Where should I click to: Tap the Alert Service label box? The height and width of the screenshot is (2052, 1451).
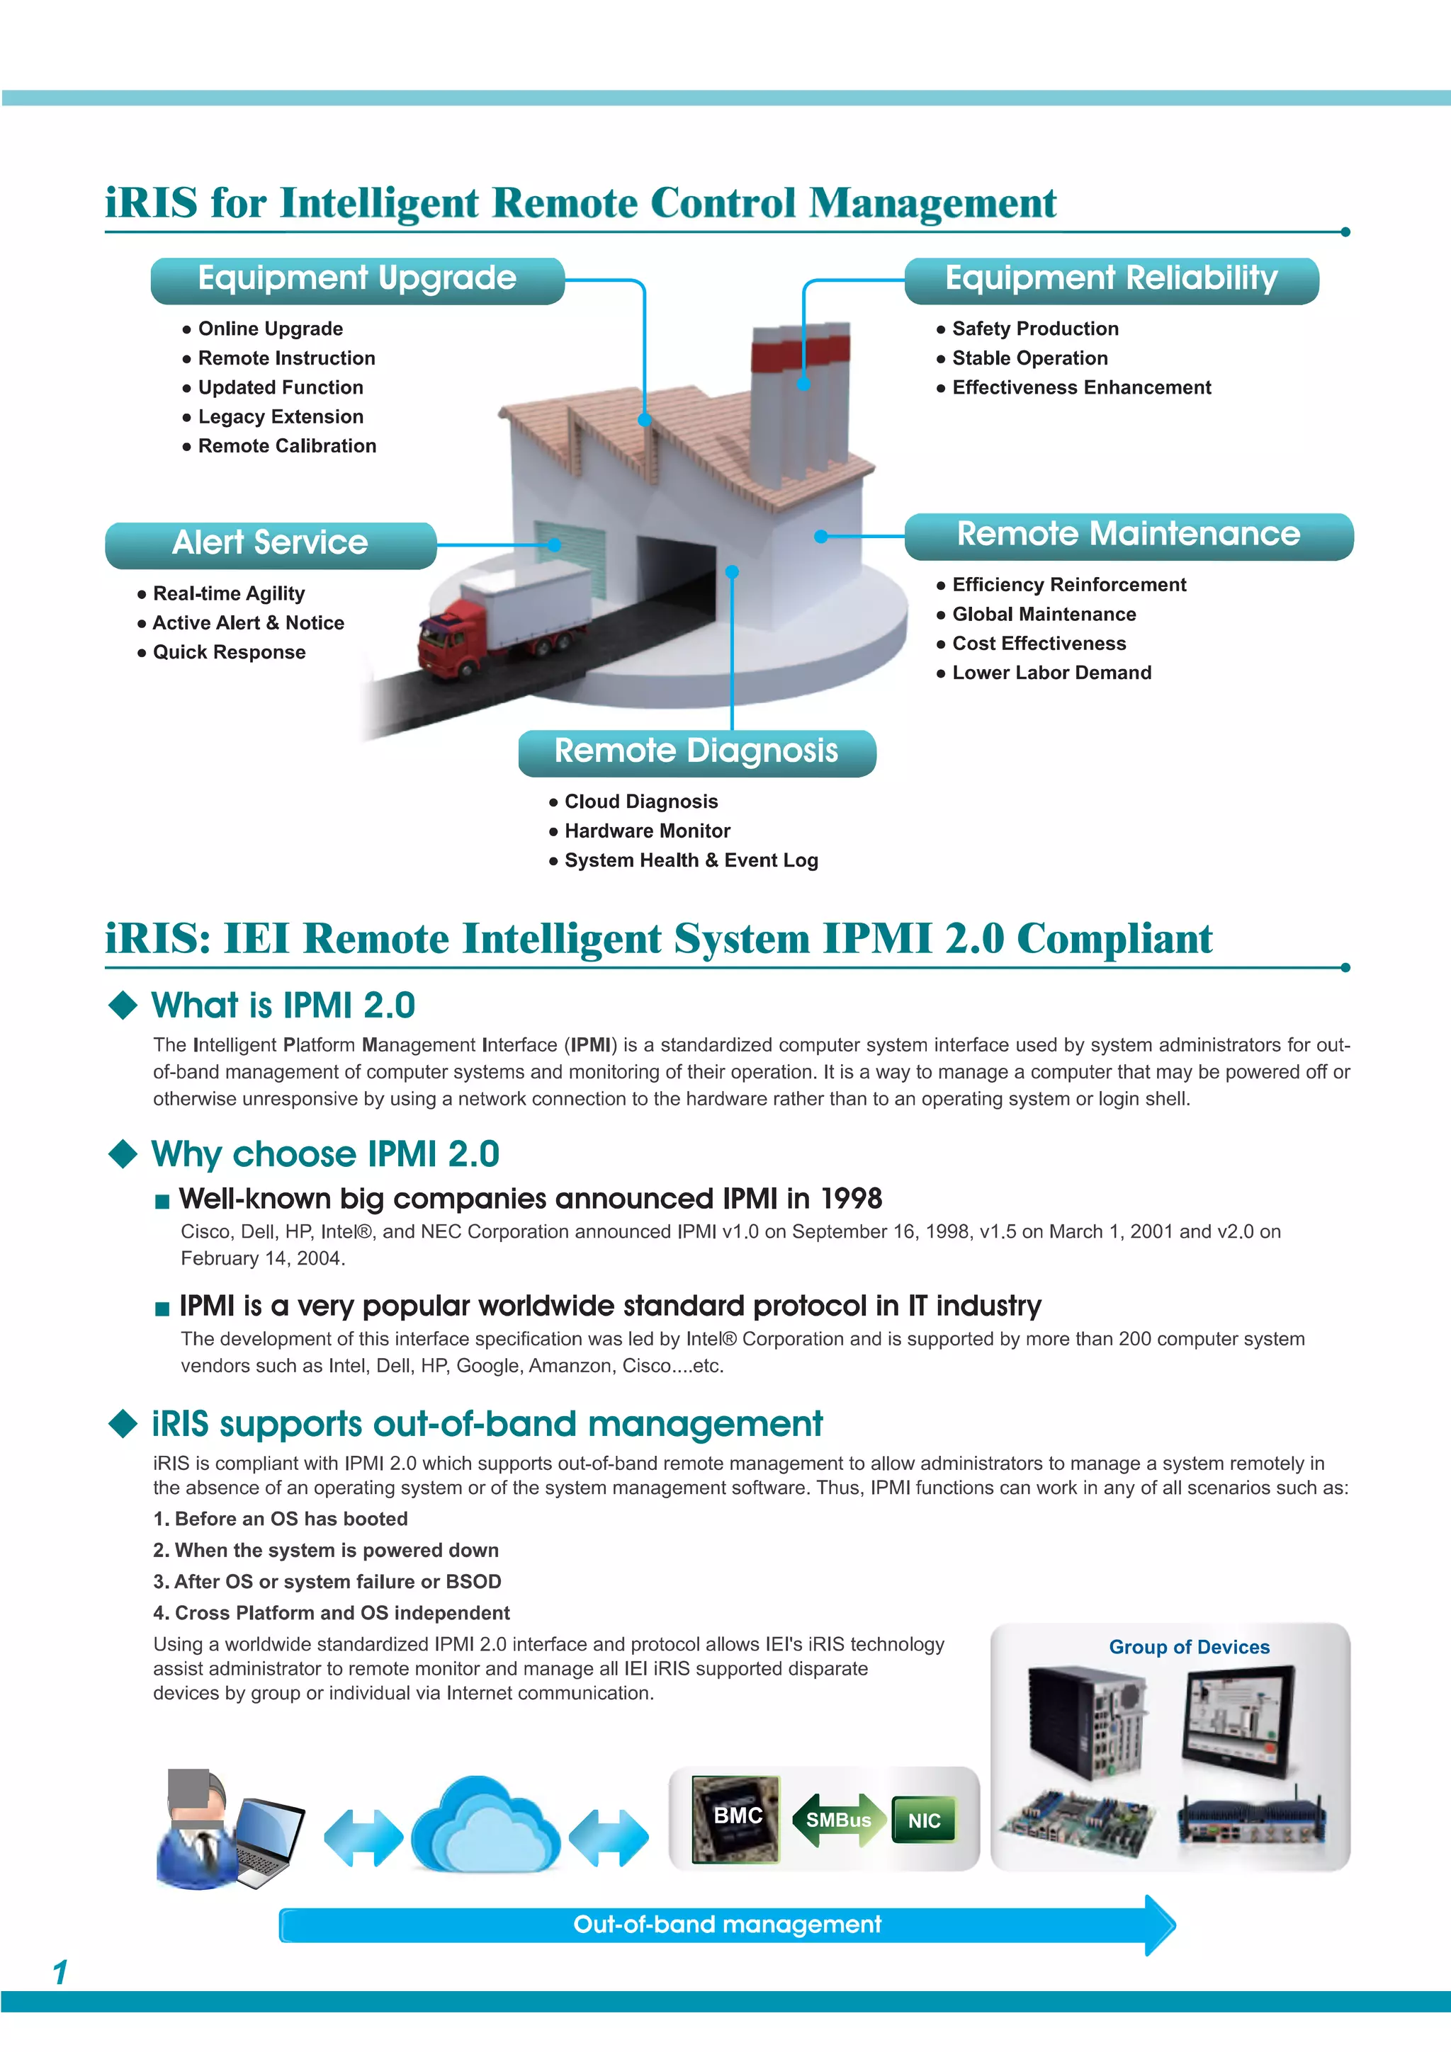click(x=270, y=545)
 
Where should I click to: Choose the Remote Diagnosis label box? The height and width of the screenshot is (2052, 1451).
click(x=696, y=753)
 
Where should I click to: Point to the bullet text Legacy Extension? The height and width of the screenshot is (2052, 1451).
click(x=281, y=417)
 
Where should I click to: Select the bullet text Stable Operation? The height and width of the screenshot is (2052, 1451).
click(x=1030, y=358)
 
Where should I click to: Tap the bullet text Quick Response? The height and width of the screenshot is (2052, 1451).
click(x=229, y=652)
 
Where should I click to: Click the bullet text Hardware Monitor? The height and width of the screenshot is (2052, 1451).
click(x=648, y=831)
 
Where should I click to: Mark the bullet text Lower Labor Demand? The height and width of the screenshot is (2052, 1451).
click(x=1051, y=673)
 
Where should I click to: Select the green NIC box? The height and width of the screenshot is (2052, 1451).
click(x=924, y=1820)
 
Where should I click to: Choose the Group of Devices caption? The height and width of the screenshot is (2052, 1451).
click(x=1188, y=1647)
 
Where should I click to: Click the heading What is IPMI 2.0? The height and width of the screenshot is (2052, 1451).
click(x=283, y=1005)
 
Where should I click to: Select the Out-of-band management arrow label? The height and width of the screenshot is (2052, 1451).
click(x=726, y=1925)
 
